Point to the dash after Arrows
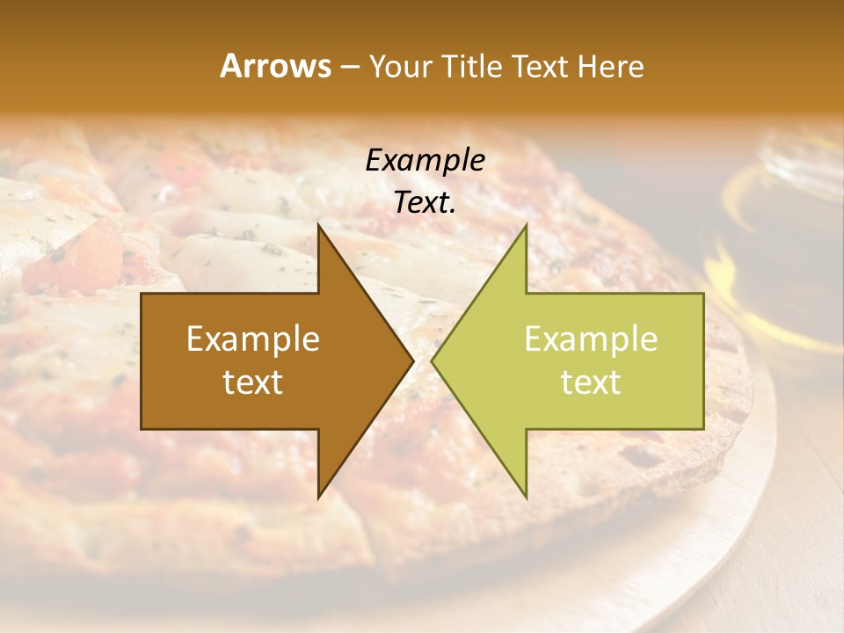tap(349, 67)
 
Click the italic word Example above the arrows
tap(425, 160)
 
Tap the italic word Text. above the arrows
tap(425, 202)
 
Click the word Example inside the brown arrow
tap(253, 338)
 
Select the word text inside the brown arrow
tap(253, 382)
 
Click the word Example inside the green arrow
tap(591, 338)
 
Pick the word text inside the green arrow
tap(591, 382)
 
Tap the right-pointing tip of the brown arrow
tap(412, 360)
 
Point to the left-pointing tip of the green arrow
tap(433, 360)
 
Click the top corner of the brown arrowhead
tap(319, 225)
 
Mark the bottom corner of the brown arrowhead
tap(319, 497)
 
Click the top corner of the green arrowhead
tap(526, 225)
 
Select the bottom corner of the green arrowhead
tap(526, 497)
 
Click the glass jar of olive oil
tap(778, 237)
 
